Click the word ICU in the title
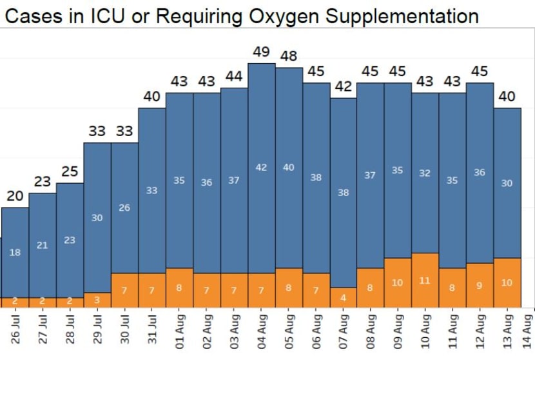click(112, 16)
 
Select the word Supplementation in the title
click(401, 16)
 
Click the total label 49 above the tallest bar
click(261, 51)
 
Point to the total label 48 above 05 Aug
click(289, 56)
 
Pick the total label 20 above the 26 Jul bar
click(15, 196)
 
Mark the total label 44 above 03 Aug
click(234, 76)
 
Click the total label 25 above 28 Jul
click(70, 171)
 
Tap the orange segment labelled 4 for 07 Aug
click(344, 297)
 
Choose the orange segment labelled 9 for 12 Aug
click(480, 285)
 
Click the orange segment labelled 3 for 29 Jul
click(97, 300)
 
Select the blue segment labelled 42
click(261, 168)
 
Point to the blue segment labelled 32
click(425, 173)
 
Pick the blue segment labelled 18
click(15, 252)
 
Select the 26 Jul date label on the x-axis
click(15, 328)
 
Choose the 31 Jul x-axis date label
click(152, 328)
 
